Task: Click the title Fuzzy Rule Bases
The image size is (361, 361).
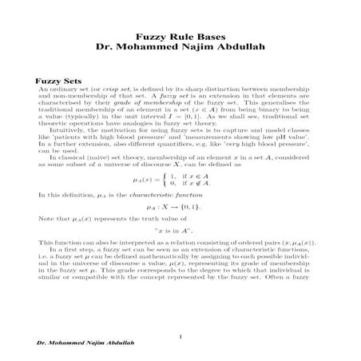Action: click(180, 37)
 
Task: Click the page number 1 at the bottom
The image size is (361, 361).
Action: click(182, 335)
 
